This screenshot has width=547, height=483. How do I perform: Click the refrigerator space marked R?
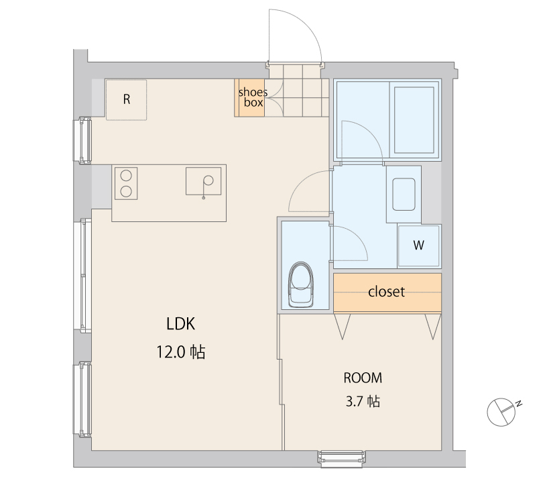(x=126, y=100)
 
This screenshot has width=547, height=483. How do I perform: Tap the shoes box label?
(x=253, y=97)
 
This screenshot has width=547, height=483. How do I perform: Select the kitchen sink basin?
(x=203, y=181)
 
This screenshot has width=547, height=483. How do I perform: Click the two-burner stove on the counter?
(x=126, y=183)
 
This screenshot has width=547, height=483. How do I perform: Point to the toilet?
(x=301, y=285)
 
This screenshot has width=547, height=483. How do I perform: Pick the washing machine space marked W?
(x=419, y=246)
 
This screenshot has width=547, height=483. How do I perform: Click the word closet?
(x=387, y=292)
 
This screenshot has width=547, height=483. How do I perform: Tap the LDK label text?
(x=180, y=324)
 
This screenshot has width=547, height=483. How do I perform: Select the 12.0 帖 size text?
(x=180, y=352)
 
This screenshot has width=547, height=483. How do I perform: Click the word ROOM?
(x=363, y=378)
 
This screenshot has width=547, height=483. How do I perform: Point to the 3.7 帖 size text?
(x=363, y=402)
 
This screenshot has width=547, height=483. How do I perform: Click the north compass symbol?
(x=501, y=412)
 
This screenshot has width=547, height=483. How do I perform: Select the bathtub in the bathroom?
(x=414, y=120)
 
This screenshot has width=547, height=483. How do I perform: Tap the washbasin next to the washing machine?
(x=404, y=195)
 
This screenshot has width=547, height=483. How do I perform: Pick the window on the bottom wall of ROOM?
(x=341, y=458)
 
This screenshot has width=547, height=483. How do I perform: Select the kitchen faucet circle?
(x=208, y=180)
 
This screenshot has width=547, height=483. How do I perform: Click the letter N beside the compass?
(x=519, y=404)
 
